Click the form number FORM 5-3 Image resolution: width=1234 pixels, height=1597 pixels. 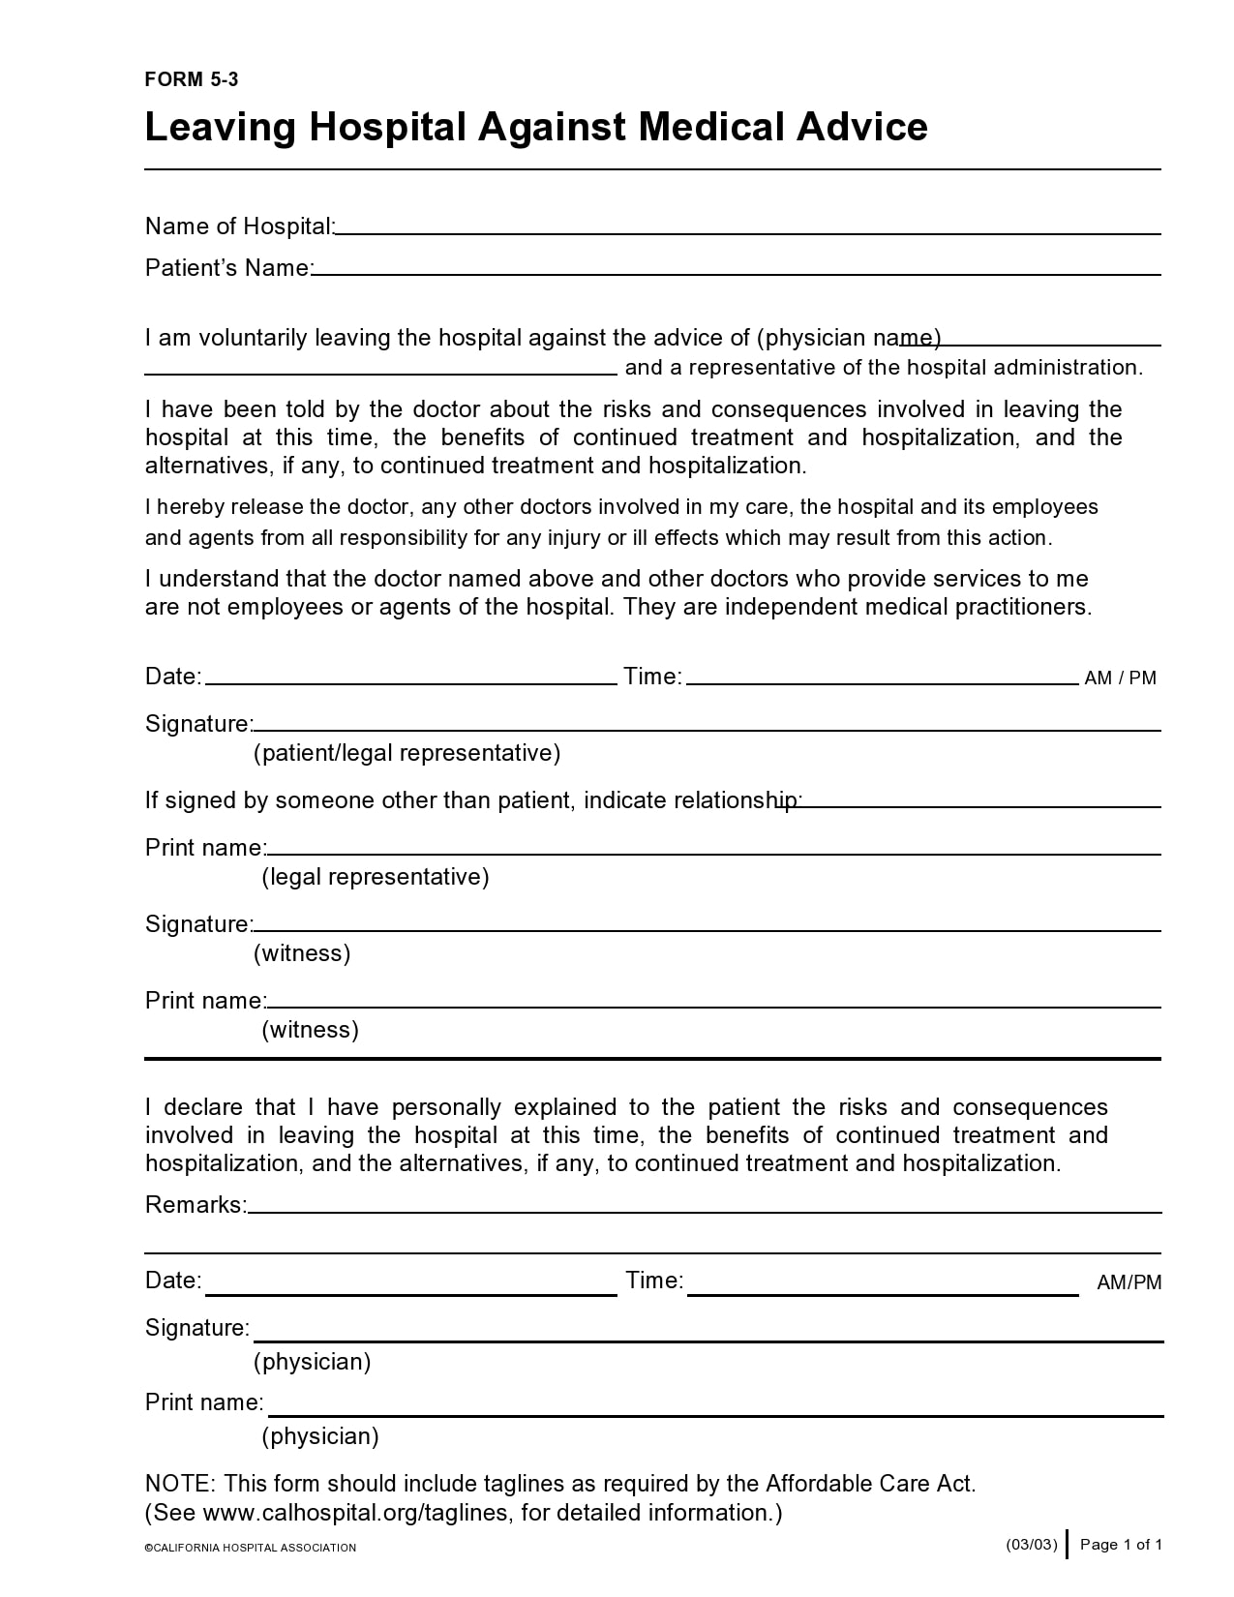click(191, 80)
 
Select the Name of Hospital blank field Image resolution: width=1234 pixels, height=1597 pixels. click(747, 226)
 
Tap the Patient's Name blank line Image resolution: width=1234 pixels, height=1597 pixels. click(736, 268)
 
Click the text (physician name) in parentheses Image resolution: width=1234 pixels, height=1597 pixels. click(849, 338)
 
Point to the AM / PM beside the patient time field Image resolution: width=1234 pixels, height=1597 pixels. click(1120, 678)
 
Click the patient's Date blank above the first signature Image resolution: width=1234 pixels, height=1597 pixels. click(410, 677)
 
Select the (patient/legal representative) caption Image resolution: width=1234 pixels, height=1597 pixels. click(406, 753)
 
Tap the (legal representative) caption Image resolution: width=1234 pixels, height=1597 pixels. click(376, 877)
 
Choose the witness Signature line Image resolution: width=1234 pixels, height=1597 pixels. click(707, 924)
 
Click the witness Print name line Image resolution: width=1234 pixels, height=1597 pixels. click(713, 1001)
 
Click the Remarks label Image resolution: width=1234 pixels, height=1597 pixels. click(196, 1205)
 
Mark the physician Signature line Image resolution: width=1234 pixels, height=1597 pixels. click(707, 1334)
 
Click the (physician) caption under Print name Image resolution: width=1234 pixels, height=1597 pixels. click(319, 1436)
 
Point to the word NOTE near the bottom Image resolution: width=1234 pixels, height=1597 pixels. click(180, 1484)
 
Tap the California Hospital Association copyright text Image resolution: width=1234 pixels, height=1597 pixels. click(251, 1548)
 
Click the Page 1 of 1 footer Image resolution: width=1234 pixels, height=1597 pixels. click(1120, 1545)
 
